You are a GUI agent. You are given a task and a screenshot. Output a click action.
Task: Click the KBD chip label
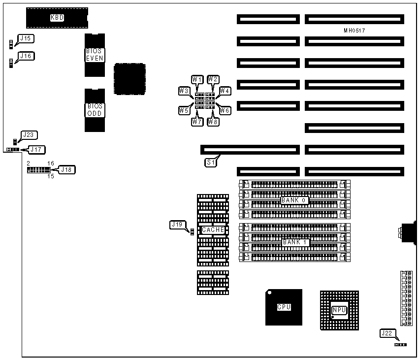coord(57,18)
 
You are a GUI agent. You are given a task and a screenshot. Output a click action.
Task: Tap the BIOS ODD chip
coord(95,109)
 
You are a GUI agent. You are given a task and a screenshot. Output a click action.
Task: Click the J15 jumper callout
coord(25,39)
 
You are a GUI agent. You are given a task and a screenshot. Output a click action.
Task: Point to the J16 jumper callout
coord(25,56)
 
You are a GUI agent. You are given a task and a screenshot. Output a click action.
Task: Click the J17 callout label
coord(37,149)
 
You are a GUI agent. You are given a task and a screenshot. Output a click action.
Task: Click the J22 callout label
coord(387,333)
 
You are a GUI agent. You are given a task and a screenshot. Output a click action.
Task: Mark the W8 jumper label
coord(213,122)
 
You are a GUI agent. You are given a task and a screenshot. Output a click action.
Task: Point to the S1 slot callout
coord(211,162)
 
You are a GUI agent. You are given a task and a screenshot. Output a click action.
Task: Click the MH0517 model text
coord(354,31)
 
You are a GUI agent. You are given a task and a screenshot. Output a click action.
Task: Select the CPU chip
coord(284,307)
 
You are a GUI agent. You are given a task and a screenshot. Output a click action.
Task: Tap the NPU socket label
coord(339,310)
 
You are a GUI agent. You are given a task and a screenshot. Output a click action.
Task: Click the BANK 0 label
coord(294,200)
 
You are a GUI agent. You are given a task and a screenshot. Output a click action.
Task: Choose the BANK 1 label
coord(294,243)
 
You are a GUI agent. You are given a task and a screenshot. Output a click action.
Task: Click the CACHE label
coord(213,230)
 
